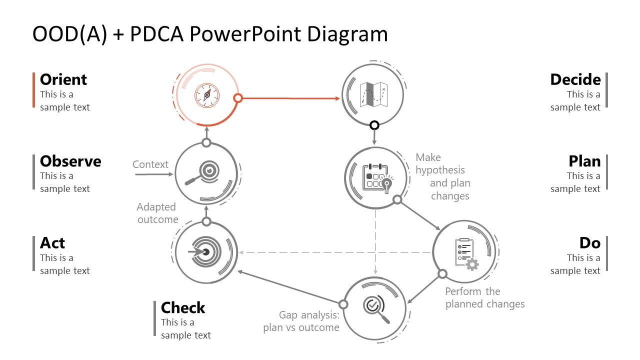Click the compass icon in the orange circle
206,95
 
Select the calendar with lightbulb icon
379,177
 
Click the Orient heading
63,79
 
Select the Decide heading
575,79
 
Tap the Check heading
183,307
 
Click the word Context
150,164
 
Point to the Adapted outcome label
157,213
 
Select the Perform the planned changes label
484,297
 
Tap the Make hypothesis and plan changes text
442,176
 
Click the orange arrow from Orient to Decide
290,98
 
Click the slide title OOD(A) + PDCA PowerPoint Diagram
210,34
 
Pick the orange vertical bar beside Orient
33,90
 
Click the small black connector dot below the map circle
374,125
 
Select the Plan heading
584,161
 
